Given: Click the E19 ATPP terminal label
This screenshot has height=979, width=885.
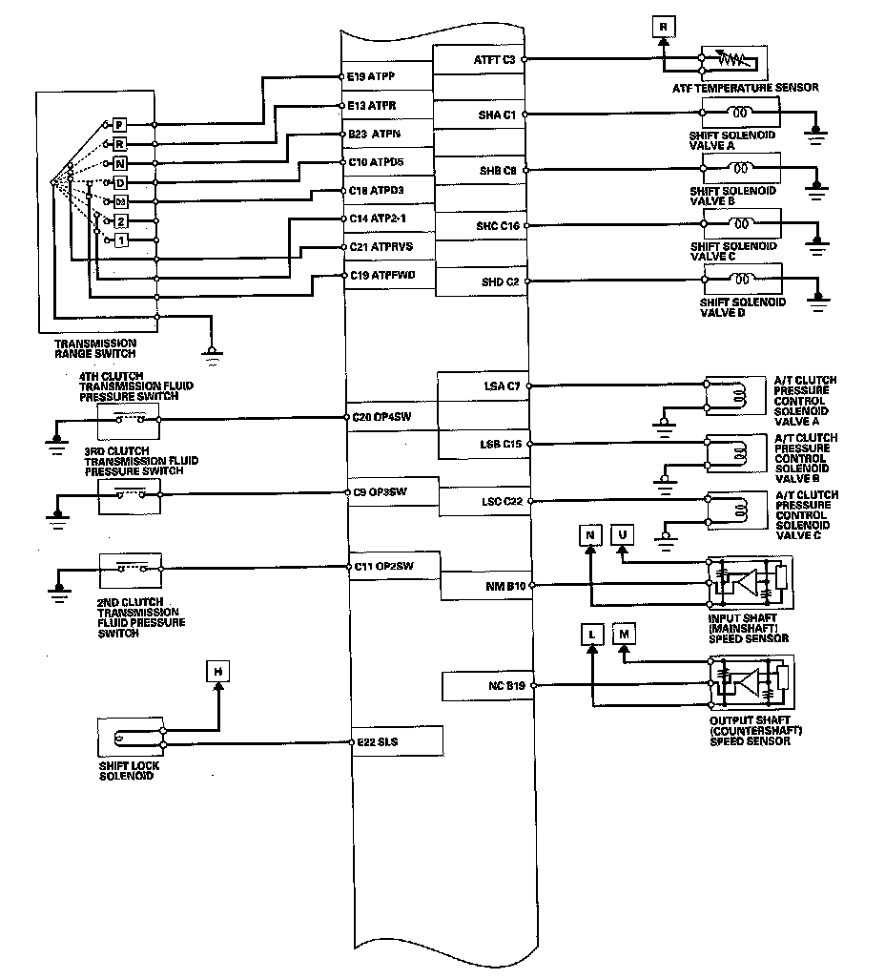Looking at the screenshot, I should pyautogui.click(x=373, y=76).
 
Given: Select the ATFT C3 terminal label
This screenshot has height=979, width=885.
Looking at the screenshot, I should pyautogui.click(x=495, y=59).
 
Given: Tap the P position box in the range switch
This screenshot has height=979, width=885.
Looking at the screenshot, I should pyautogui.click(x=119, y=125).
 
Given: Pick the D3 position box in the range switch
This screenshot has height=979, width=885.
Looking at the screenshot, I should pyautogui.click(x=120, y=201).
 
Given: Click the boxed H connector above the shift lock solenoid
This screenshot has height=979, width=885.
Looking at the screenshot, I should pyautogui.click(x=218, y=672).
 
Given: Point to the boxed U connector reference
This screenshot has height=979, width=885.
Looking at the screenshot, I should pyautogui.click(x=623, y=534).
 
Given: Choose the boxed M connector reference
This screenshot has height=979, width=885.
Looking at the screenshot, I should pyautogui.click(x=625, y=634).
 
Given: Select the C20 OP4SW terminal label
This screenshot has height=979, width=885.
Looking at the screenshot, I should pyautogui.click(x=381, y=418).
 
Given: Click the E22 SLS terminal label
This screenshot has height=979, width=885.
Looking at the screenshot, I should pyautogui.click(x=375, y=741).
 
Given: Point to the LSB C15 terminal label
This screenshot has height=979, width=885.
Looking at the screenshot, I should pyautogui.click(x=500, y=445).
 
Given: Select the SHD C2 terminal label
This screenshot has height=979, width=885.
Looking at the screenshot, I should pyautogui.click(x=500, y=281).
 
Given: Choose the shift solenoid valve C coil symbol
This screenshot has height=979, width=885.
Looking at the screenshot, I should pyautogui.click(x=742, y=225).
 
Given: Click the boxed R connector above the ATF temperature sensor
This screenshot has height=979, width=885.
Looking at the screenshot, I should pyautogui.click(x=664, y=27).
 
